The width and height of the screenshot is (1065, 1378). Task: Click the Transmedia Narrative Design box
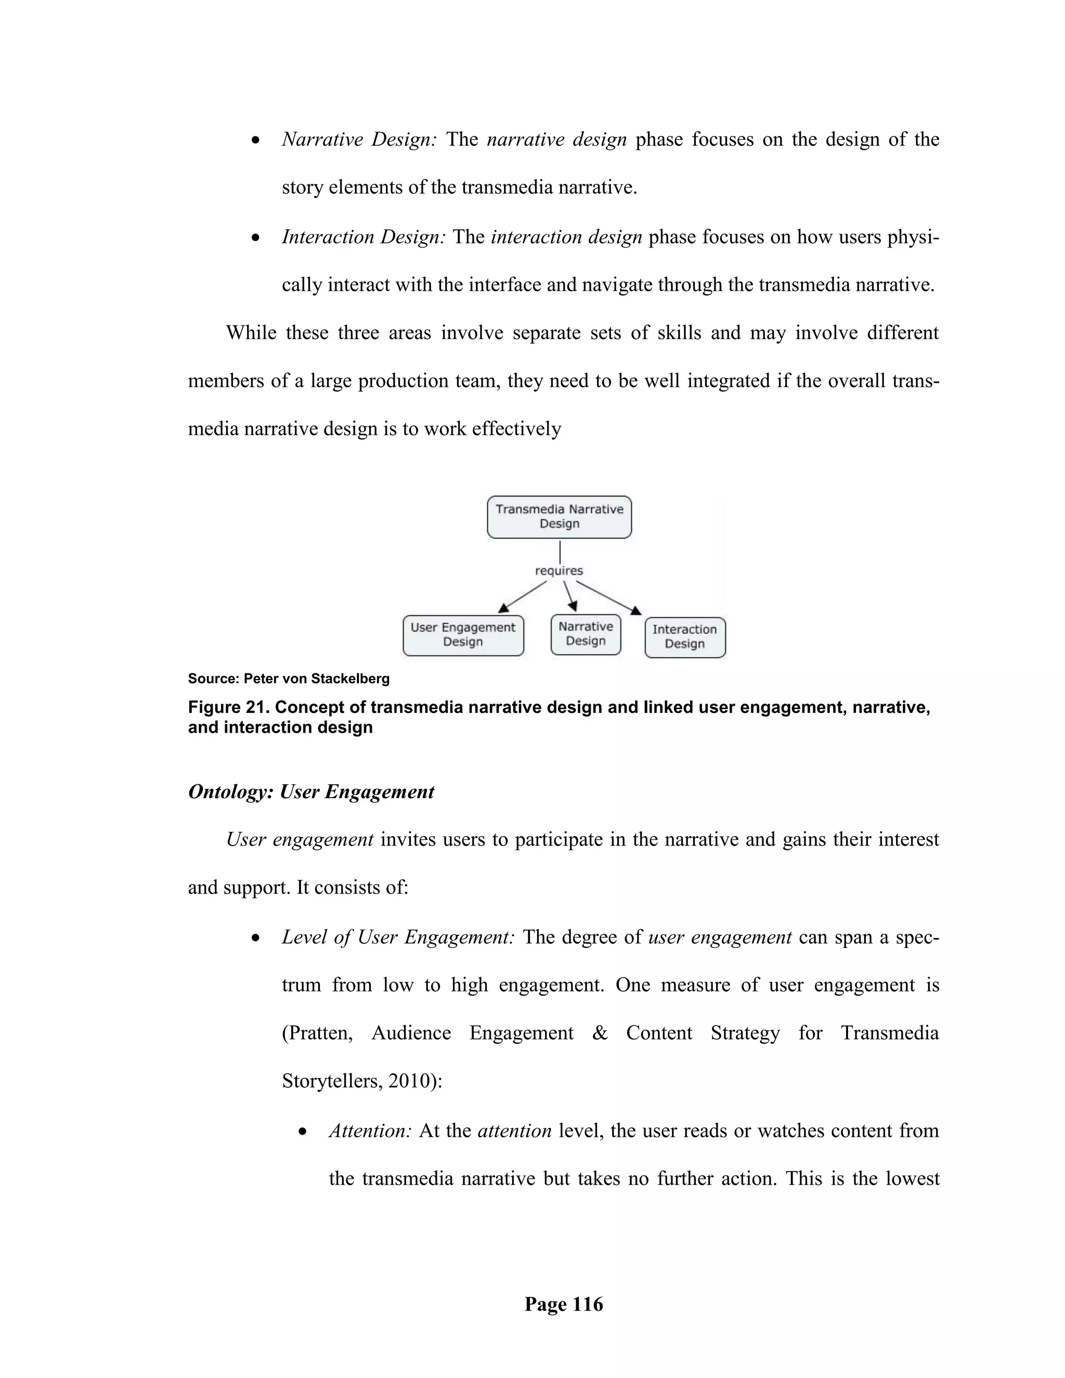pos(559,517)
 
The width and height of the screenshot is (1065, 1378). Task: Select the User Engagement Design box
pos(463,635)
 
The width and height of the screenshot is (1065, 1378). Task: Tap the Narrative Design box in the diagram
pos(586,634)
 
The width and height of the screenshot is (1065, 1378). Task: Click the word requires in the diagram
pos(559,571)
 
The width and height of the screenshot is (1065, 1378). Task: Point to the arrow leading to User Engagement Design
pos(523,597)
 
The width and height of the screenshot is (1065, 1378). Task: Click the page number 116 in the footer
pos(588,1304)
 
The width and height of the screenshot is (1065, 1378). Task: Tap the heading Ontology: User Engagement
pos(311,792)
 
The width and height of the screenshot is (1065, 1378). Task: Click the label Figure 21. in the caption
pos(228,707)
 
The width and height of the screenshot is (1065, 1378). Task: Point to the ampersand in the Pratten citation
pos(600,1033)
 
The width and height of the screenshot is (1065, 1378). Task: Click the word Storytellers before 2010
pos(331,1082)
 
